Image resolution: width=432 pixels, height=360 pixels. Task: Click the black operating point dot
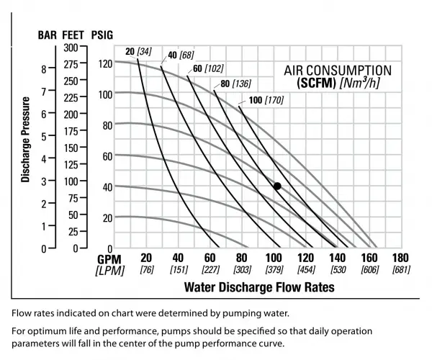click(277, 186)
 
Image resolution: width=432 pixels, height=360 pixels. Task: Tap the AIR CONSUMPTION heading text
click(336, 71)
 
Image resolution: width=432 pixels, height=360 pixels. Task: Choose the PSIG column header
click(102, 35)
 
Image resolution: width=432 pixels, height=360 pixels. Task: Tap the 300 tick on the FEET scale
click(70, 48)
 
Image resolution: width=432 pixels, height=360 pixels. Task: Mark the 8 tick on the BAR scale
click(44, 69)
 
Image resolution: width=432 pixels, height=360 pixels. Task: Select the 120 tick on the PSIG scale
click(106, 63)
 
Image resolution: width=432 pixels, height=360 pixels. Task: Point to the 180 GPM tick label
click(400, 258)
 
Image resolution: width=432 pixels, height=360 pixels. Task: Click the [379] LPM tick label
click(273, 270)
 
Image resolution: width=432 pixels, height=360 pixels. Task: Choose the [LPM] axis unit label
click(109, 270)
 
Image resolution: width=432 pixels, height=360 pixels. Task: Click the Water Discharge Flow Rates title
click(259, 287)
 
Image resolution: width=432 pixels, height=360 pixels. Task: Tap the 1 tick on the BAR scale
click(44, 226)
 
